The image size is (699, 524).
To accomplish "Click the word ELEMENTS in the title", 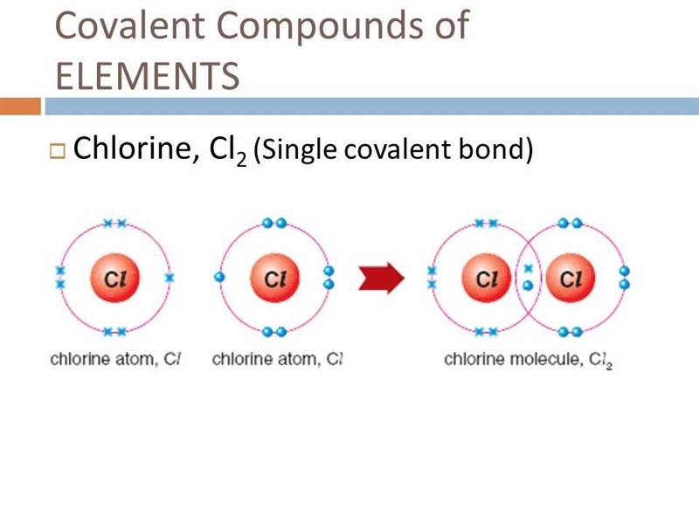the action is pos(148,76).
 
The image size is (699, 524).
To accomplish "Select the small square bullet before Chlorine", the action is pos(57,151).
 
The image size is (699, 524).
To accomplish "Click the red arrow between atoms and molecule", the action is pos(381,278).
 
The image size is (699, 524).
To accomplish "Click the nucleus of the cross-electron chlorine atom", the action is pos(115,278).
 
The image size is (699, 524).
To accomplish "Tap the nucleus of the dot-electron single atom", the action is pos(275,278).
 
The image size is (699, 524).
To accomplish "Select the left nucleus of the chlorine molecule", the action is pos(487,278).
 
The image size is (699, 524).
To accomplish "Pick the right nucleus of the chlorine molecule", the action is pos(571,278).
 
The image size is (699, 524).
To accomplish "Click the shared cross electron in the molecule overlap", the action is pos(529,269).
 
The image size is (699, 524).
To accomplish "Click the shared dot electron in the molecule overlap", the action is pos(528,286).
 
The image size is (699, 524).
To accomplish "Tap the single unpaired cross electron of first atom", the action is pos(170,278).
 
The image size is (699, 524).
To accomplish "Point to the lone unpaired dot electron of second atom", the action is pos(219,277).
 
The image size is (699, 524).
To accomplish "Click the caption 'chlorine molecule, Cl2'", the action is pos(529,360).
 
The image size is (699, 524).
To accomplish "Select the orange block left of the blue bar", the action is pos(20,107).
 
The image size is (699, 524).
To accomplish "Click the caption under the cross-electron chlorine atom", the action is pos(115,359).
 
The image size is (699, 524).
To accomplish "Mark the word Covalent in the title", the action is pos(129,25).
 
